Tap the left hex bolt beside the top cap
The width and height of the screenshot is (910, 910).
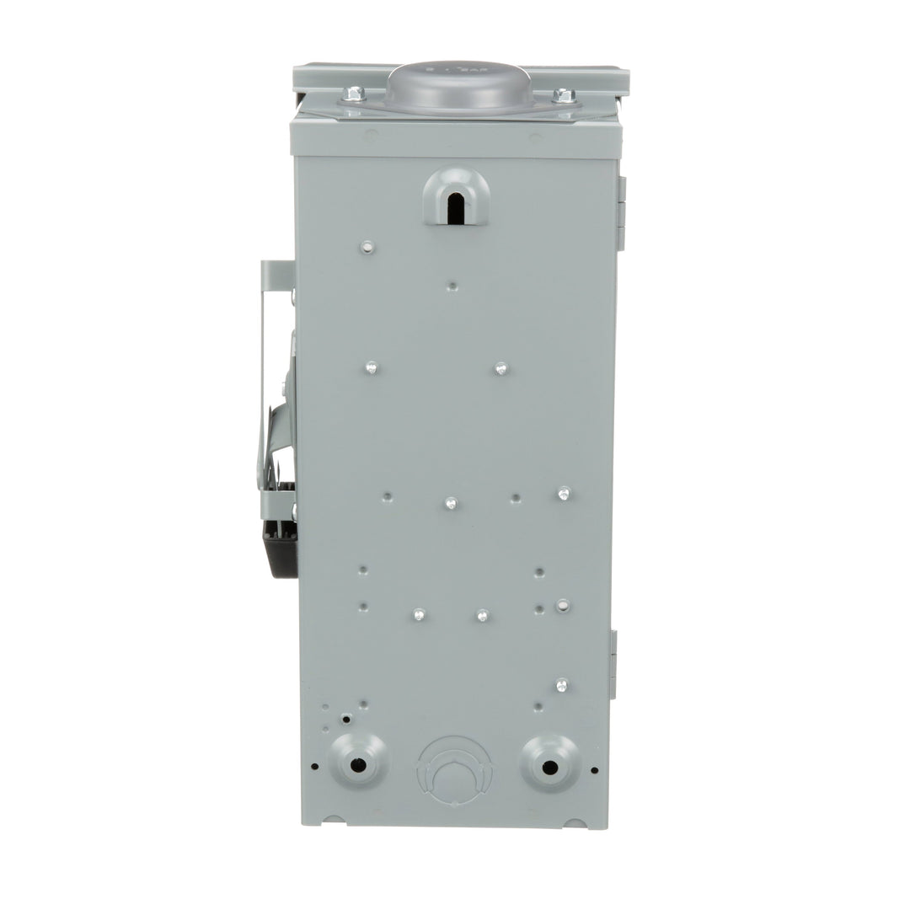point(355,94)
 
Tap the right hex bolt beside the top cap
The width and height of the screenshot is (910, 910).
point(564,96)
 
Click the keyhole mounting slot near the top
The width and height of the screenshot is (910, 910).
point(456,200)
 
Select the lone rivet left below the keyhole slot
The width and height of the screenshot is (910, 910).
point(367,247)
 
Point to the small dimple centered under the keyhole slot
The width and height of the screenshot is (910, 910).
point(452,286)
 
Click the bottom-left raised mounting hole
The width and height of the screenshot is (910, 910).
point(358,764)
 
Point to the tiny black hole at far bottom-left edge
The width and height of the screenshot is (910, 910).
point(314,767)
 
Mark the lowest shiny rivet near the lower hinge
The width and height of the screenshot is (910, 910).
point(562,685)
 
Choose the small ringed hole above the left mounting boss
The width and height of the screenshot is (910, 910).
point(345,719)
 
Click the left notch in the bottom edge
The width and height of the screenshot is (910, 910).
point(334,819)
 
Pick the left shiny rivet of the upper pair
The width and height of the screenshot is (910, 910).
point(371,367)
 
